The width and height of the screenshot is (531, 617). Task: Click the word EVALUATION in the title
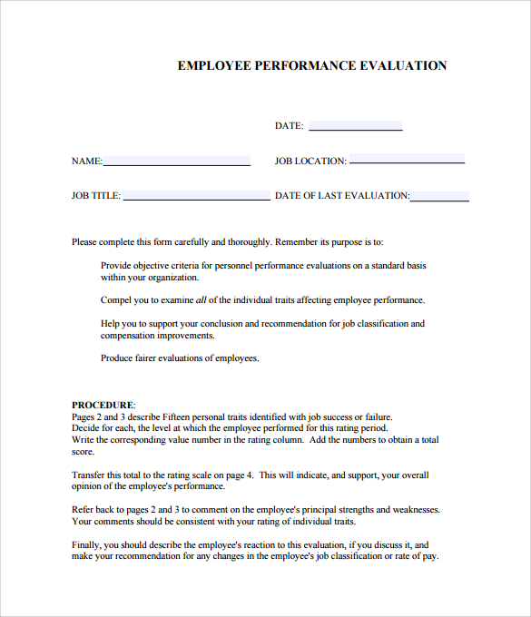coord(403,65)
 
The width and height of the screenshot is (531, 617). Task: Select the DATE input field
coord(355,126)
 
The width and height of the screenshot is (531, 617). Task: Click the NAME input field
coord(177,161)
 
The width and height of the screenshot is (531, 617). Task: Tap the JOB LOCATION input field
coord(407,160)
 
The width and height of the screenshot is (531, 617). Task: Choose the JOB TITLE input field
coord(196,195)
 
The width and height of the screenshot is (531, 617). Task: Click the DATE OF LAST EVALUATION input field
coord(440,195)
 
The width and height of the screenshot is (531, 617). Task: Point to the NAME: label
coord(87,162)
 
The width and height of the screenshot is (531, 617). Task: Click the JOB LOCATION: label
coord(310,162)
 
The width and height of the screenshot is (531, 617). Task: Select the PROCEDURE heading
coord(103,405)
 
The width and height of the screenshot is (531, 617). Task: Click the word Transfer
coord(90,475)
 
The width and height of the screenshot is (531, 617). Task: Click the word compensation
coord(132,335)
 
